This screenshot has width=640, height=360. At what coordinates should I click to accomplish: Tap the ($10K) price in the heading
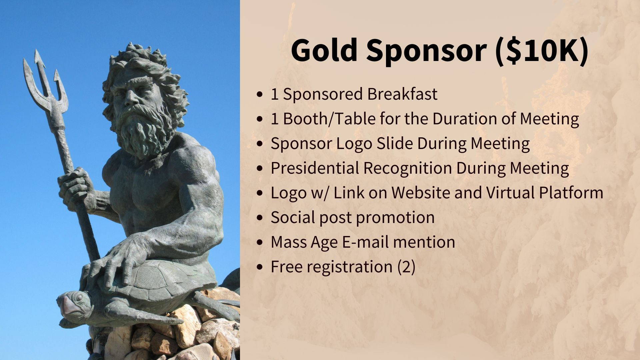coord(542,51)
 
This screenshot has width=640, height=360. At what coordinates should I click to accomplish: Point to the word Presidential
coord(315,168)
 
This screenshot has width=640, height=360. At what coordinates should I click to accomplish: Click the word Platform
coord(571,193)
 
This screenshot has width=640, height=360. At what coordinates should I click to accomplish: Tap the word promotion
coord(395,218)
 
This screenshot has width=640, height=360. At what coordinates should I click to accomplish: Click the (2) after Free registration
coord(406,267)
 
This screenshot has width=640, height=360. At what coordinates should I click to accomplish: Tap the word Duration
coord(465,119)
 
